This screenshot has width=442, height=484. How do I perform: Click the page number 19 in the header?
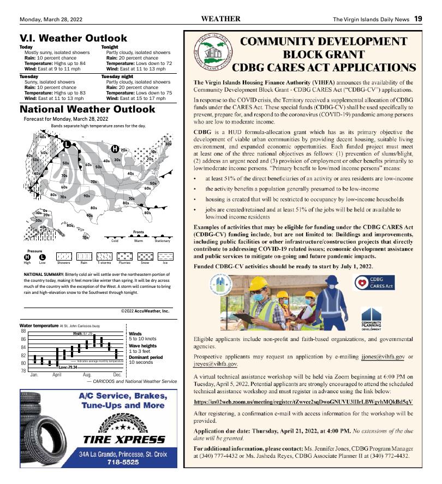click(x=417, y=19)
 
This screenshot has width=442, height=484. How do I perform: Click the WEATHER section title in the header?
click(x=220, y=19)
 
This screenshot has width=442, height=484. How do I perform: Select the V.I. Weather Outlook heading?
click(x=73, y=38)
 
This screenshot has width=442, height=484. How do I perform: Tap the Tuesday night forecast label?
click(x=117, y=77)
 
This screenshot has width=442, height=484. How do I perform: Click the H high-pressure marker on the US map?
click(x=115, y=149)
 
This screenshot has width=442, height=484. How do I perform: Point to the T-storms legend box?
click(x=104, y=256)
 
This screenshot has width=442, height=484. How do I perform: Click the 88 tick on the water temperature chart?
click(x=23, y=331)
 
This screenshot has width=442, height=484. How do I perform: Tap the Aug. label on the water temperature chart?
click(x=87, y=375)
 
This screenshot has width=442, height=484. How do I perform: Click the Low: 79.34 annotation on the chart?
click(x=68, y=368)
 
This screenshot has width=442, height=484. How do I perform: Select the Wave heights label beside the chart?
click(x=142, y=346)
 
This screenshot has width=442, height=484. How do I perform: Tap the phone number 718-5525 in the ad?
click(x=123, y=462)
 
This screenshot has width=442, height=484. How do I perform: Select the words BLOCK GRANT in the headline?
click(x=324, y=54)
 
